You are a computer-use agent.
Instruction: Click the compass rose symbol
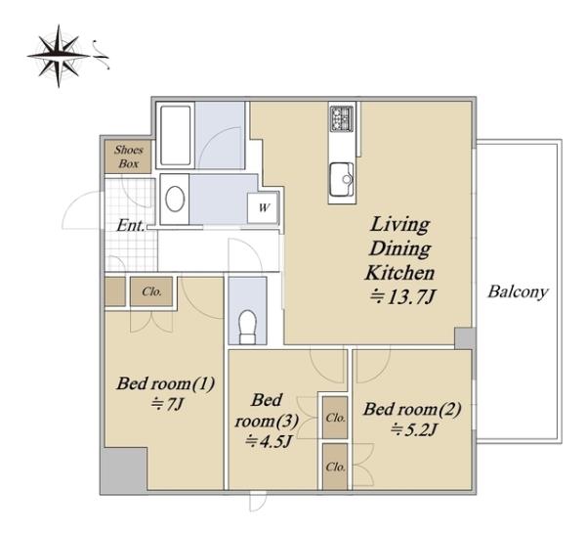pyautogui.click(x=59, y=56)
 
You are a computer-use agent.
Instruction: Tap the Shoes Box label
pyautogui.click(x=129, y=156)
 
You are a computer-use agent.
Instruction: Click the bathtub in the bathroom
pyautogui.click(x=175, y=135)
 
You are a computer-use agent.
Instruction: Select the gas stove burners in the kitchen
pyautogui.click(x=342, y=118)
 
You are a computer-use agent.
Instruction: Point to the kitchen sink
pyautogui.click(x=342, y=179)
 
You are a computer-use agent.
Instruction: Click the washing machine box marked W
pyautogui.click(x=264, y=207)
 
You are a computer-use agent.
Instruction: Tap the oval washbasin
pyautogui.click(x=175, y=199)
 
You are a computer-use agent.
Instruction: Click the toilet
pyautogui.click(x=247, y=327)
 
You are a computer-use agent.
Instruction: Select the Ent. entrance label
pyautogui.click(x=131, y=226)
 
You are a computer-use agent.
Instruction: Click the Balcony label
pyautogui.click(x=518, y=291)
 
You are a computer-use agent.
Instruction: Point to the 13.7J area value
pyautogui.click(x=402, y=298)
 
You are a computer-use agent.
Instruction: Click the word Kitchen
pyautogui.click(x=399, y=273)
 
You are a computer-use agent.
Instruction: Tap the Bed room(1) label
pyautogui.click(x=166, y=383)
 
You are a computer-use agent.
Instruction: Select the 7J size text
pyautogui.click(x=167, y=404)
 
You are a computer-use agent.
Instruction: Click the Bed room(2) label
pyautogui.click(x=412, y=409)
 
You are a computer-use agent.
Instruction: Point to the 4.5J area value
pyautogui.click(x=269, y=442)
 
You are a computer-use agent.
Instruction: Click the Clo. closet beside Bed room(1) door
pyautogui.click(x=151, y=291)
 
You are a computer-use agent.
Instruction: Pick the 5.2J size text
pyautogui.click(x=414, y=429)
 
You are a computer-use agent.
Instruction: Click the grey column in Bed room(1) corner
pyautogui.click(x=125, y=470)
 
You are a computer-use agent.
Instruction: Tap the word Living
pyautogui.click(x=399, y=225)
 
